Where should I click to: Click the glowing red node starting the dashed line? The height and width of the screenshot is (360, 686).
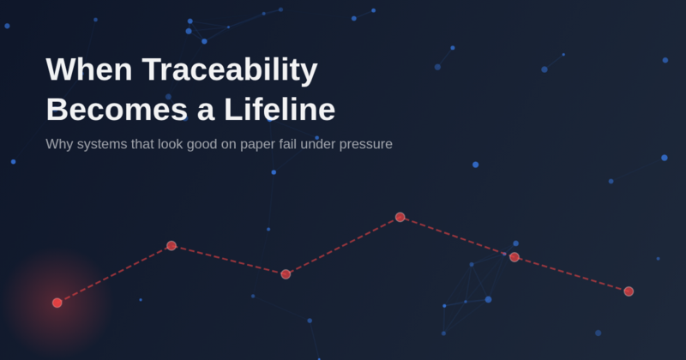(x=57, y=303)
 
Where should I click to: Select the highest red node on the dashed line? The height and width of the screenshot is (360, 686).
(x=400, y=217)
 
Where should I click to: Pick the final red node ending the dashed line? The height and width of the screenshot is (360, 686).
(x=629, y=291)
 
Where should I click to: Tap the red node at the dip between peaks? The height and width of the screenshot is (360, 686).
(x=286, y=274)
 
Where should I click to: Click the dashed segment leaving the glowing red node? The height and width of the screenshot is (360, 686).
(x=114, y=274)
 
